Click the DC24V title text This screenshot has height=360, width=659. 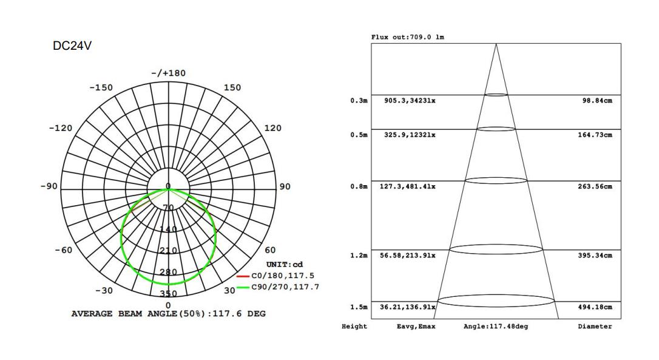coord(72,46)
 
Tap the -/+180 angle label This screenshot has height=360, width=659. coord(169,73)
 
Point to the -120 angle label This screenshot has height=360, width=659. coord(61,128)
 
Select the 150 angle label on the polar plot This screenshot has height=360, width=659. coord(232,87)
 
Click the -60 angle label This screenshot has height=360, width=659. coord(64,250)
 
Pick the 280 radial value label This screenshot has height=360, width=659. coord(168,272)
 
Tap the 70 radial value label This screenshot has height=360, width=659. coord(168,208)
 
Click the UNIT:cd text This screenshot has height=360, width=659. coord(285,265)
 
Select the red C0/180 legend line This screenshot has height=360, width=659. coord(243,276)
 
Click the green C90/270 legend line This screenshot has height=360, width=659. coord(243,288)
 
